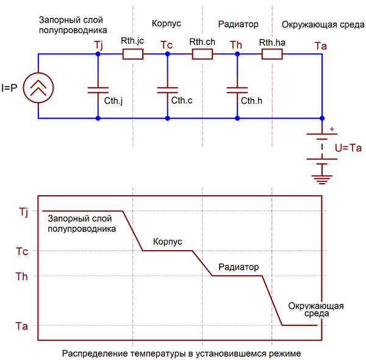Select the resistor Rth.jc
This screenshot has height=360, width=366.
133,54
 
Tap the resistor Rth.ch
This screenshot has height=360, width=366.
202,54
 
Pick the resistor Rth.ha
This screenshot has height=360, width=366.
271,54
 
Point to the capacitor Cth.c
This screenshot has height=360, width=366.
167,90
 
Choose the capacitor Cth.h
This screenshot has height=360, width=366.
236,90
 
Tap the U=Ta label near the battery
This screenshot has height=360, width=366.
349,147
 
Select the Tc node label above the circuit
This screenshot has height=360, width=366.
167,45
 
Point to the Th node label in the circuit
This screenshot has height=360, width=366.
236,45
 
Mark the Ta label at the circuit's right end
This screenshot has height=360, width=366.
320,45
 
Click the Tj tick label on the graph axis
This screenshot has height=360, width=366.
22,212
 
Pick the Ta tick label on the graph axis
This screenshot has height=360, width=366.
22,326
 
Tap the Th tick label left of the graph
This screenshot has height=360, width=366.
22,276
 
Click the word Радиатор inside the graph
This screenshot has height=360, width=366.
239,267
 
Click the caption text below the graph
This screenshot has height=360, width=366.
181,353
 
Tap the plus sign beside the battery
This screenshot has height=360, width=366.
332,129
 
